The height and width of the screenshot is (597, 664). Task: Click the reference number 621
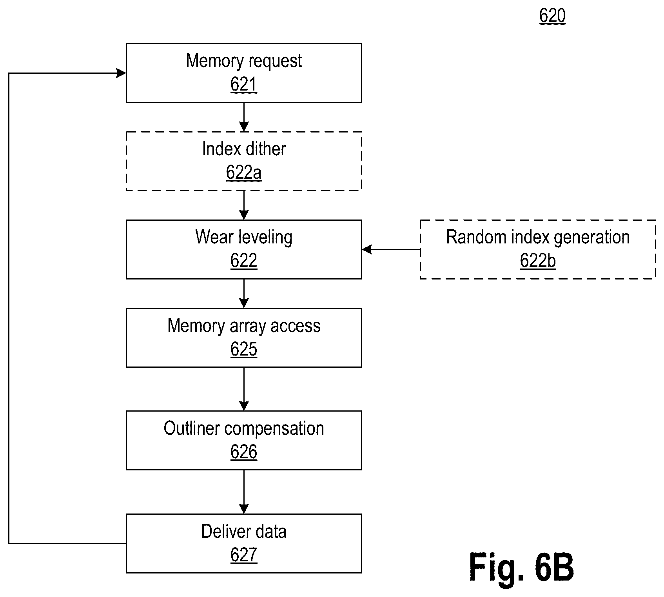click(244, 85)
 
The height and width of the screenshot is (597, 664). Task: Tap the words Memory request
click(244, 61)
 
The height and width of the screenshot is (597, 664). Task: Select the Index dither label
click(244, 149)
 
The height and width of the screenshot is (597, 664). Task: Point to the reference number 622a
click(244, 173)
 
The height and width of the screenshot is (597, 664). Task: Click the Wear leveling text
click(244, 238)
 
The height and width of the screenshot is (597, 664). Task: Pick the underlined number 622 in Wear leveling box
click(244, 261)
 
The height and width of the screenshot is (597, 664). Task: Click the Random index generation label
click(538, 238)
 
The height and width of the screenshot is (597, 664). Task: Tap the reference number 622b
click(538, 261)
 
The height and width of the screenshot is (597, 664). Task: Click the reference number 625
click(244, 349)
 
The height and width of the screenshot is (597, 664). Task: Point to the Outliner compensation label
click(244, 429)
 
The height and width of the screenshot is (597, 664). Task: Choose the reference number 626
click(244, 452)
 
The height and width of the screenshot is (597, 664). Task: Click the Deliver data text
click(244, 532)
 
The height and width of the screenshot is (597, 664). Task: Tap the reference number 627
click(244, 555)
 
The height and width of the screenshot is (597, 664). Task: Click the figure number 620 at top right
click(552, 16)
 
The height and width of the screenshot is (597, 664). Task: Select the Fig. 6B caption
click(521, 567)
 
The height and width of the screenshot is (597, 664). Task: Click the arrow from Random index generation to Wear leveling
click(391, 249)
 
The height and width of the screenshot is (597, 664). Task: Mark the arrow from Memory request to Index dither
click(244, 117)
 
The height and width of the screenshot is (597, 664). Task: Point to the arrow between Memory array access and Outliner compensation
click(244, 389)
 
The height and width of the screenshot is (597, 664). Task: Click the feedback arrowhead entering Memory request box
click(122, 73)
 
